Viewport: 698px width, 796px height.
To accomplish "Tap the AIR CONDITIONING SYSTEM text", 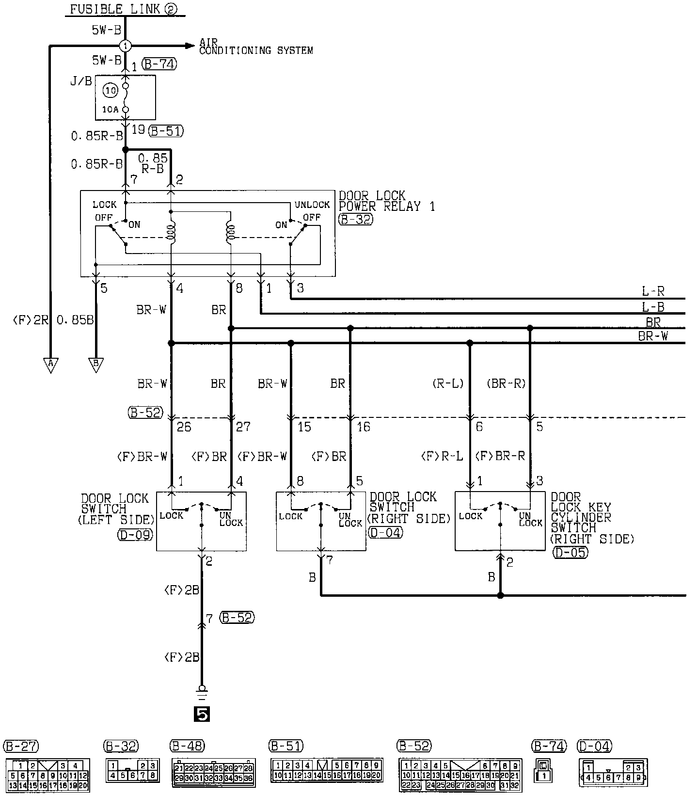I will (256, 47).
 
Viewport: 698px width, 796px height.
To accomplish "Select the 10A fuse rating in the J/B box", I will (110, 110).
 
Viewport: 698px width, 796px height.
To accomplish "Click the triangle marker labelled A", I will (50, 364).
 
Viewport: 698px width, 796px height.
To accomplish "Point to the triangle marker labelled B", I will (96, 364).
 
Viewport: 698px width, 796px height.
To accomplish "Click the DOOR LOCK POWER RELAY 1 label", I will (386, 201).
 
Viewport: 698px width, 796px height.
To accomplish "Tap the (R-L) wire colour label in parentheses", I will (448, 384).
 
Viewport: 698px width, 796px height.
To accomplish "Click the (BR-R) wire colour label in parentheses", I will (506, 384).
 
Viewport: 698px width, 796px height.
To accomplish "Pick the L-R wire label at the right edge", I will (653, 291).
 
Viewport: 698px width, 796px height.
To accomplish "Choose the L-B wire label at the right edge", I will (653, 307).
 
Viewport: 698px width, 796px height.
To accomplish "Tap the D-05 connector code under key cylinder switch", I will (570, 552).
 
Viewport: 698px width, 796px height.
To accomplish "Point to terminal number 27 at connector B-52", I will (243, 427).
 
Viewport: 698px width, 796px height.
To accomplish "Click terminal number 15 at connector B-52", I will (304, 427).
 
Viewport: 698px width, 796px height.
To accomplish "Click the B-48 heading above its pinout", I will (188, 746).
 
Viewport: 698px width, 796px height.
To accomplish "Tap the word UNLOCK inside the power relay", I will (312, 205).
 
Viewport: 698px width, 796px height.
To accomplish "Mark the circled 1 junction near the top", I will (125, 46).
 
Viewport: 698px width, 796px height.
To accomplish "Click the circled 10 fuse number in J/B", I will (111, 90).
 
